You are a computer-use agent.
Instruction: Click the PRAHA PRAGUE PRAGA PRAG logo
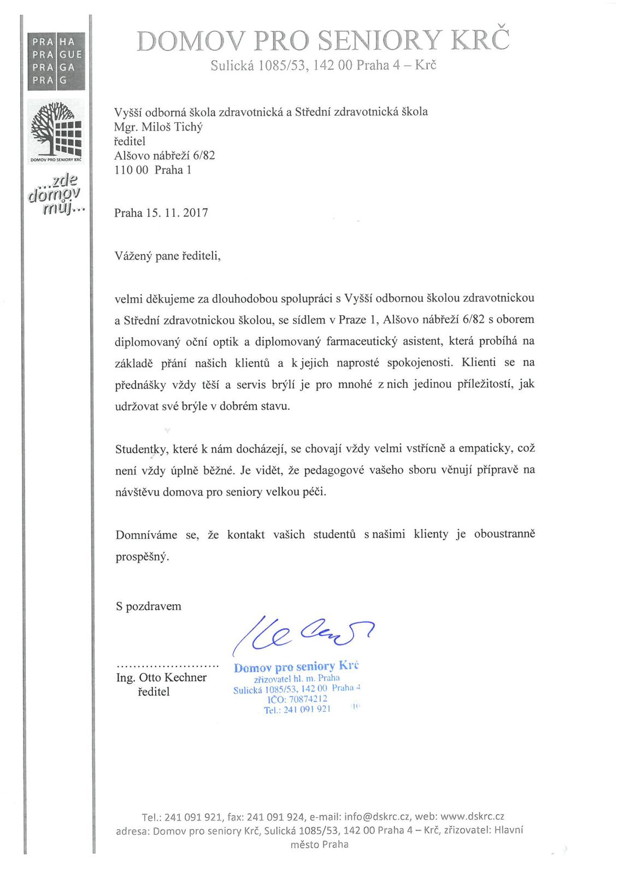(56, 61)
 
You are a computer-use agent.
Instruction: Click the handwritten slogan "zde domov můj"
(57, 195)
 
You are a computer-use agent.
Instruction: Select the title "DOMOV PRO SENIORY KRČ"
(322, 41)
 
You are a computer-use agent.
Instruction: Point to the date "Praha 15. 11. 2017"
(161, 213)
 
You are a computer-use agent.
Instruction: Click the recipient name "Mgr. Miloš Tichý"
(158, 127)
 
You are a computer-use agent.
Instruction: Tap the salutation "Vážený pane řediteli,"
(168, 256)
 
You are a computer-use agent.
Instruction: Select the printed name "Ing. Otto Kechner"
(161, 677)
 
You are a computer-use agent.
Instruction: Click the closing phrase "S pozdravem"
(148, 606)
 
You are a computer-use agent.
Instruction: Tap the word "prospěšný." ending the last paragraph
(142, 557)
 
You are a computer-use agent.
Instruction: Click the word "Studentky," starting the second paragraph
(141, 449)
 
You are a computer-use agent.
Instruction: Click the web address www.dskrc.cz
(472, 817)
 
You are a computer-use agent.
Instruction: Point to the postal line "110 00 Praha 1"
(152, 170)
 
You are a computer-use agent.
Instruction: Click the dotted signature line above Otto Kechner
(167, 666)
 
